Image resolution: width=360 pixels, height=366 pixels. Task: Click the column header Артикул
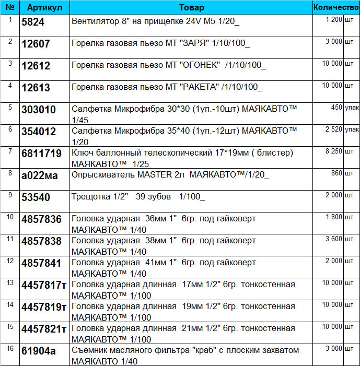[44, 8]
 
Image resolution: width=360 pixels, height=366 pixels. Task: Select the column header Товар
[191, 8]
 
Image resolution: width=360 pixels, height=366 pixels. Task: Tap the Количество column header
[336, 8]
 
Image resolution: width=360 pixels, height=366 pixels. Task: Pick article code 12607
[36, 44]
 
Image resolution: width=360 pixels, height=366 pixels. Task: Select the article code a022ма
[39, 175]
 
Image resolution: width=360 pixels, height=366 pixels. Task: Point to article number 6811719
[41, 154]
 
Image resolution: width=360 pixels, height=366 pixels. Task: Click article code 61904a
[38, 351]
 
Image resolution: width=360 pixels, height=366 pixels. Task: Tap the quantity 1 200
[333, 19]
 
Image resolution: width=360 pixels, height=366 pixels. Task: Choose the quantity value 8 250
[333, 151]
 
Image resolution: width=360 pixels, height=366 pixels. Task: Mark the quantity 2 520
[333, 129]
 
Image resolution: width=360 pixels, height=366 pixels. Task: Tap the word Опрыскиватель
[102, 175]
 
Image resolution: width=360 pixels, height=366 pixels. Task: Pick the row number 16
[10, 348]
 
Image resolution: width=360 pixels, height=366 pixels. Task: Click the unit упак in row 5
[352, 107]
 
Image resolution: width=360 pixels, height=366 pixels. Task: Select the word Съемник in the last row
[90, 350]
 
